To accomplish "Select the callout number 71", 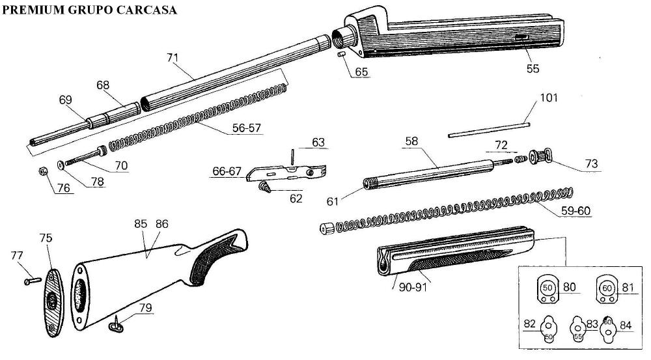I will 173,57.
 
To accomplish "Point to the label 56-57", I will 246,128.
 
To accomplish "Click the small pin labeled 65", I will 341,56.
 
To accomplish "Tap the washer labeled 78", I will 61,164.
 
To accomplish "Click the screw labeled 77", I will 30,281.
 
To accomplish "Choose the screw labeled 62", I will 266,187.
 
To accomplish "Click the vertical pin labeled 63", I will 294,156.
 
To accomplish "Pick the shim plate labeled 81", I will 607,288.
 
